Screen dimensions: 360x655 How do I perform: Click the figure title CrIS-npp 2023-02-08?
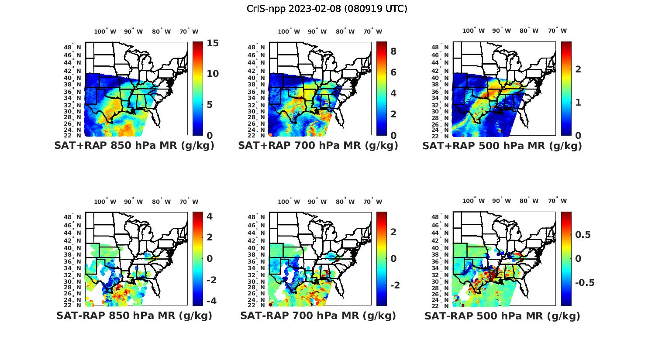pyautogui.click(x=327, y=9)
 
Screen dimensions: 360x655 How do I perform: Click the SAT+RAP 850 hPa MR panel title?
pyautogui.click(x=134, y=146)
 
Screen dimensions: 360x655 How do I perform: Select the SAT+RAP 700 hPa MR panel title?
pyautogui.click(x=318, y=146)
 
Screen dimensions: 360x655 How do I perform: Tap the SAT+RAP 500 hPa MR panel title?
pyautogui.click(x=502, y=146)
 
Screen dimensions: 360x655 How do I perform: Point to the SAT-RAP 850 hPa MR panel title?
pyautogui.click(x=134, y=316)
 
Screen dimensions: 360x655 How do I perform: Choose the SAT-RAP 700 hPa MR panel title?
pyautogui.click(x=318, y=316)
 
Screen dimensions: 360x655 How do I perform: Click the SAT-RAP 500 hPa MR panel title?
pyautogui.click(x=502, y=316)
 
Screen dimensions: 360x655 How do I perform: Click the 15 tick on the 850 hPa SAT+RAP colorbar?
pyautogui.click(x=213, y=43)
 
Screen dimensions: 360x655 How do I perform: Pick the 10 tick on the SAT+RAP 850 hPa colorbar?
pyautogui.click(x=213, y=74)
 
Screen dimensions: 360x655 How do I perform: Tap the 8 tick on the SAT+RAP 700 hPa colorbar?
pyautogui.click(x=393, y=51)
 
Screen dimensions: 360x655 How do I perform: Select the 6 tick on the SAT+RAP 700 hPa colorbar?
pyautogui.click(x=393, y=72)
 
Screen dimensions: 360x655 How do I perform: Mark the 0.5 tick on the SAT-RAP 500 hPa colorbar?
pyautogui.click(x=583, y=235)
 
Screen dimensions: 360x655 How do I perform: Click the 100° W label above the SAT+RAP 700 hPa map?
pyautogui.click(x=289, y=31)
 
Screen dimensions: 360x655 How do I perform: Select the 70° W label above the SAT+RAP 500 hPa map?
pyautogui.click(x=557, y=31)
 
